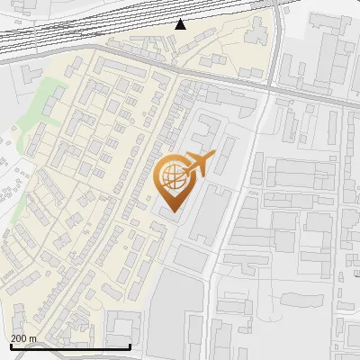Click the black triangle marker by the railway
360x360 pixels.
[181, 23]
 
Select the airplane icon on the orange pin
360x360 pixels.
[198, 164]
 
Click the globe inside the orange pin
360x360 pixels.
[171, 175]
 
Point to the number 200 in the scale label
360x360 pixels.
[20, 338]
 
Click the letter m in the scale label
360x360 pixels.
[33, 338]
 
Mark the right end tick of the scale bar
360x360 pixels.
[130, 346]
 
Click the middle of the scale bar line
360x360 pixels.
[69, 346]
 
